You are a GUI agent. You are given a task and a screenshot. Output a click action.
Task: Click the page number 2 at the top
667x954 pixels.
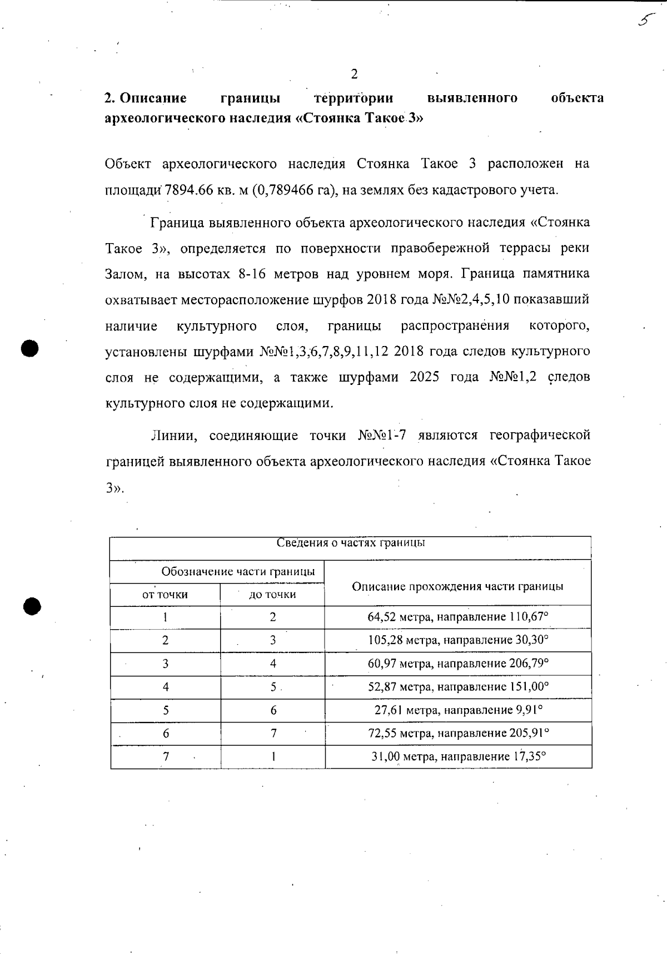pos(354,74)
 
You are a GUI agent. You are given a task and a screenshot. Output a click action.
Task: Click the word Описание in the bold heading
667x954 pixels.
pos(153,98)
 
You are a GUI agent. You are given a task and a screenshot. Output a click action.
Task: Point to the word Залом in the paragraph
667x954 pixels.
pos(125,274)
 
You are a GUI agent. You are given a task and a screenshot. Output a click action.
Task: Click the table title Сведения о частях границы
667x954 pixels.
pos(351,543)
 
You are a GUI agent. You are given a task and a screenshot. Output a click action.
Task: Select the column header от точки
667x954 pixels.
pos(165,595)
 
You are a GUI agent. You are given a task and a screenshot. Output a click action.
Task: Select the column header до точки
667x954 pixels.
pos(272,595)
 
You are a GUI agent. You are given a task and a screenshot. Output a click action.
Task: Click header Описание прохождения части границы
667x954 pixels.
pos(458,586)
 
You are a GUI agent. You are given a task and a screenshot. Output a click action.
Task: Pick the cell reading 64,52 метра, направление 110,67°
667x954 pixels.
pos(458,617)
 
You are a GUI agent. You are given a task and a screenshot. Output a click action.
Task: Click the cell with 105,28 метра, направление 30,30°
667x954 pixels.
pos(458,640)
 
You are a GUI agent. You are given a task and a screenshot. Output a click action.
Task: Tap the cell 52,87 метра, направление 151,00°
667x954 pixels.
pos(458,687)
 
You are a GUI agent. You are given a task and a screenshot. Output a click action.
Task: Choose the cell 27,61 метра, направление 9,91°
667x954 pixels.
pos(458,710)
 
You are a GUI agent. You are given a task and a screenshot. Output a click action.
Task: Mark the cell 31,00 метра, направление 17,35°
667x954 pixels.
pos(458,757)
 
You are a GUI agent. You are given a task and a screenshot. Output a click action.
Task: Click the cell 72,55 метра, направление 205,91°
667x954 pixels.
pos(458,733)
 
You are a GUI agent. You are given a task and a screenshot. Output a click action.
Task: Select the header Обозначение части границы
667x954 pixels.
pos(238,572)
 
